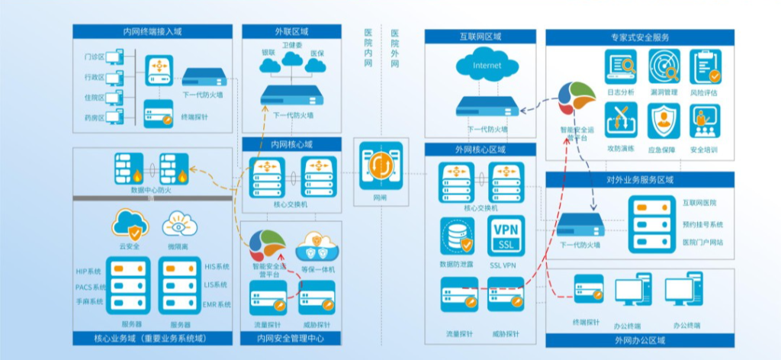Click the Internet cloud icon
coord(487,65)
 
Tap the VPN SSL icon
coord(506,236)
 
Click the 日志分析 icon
coord(621,67)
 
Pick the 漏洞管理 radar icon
coord(664,67)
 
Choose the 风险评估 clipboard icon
coord(705,67)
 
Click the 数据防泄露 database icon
coord(456,236)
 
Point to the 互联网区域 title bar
coord(480,37)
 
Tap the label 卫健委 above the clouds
coord(291,46)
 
